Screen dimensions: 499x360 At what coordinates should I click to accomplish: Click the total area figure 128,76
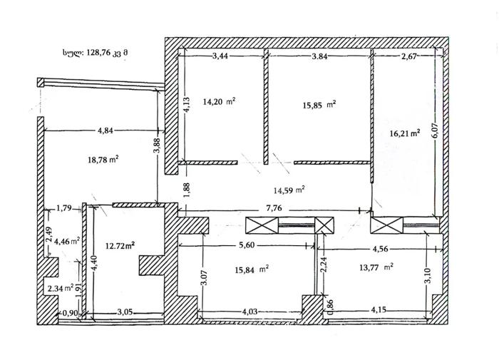pos(98,53)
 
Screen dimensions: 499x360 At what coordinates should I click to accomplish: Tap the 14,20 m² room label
pos(219,101)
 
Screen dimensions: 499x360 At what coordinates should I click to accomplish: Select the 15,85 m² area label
pos(319,105)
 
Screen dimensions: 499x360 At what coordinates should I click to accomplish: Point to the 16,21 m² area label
pos(404,133)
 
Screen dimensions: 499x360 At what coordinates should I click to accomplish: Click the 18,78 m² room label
pos(103,160)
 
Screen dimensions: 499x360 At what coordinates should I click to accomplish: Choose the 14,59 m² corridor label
pos(289,190)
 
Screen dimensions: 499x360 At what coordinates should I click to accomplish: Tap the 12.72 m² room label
pos(120,246)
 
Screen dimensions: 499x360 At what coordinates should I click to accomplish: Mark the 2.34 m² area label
pos(61,289)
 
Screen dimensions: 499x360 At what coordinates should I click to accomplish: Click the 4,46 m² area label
pos(67,241)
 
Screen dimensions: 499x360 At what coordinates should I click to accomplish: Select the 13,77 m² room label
pos(376,267)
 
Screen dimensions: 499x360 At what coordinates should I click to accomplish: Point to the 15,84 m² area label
pos(252,270)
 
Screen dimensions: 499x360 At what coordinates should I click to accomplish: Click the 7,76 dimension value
pos(274,208)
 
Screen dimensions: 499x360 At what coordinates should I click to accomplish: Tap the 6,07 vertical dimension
pos(436,129)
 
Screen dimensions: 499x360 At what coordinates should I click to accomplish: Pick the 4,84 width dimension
pos(106,130)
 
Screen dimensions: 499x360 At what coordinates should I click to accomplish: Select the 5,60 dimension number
pos(247,245)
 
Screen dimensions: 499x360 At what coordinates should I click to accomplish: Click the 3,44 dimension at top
pos(220,56)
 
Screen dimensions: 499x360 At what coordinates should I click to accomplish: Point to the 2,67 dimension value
pos(409,57)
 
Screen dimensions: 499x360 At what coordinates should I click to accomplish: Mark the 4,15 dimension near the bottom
pos(378,309)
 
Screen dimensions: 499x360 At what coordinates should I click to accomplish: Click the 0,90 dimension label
pos(70,313)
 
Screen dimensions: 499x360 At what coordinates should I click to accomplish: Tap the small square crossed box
pos(324,225)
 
